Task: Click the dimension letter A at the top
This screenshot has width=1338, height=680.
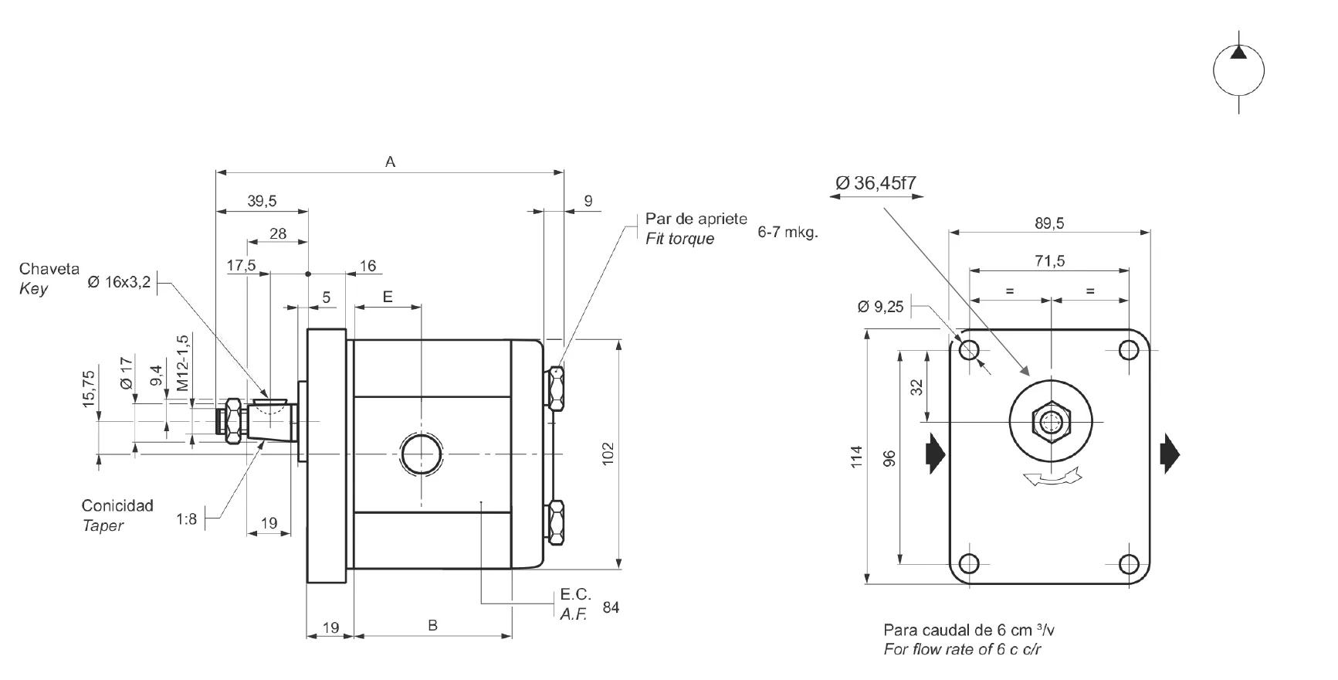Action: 391,161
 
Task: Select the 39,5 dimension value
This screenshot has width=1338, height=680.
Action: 262,201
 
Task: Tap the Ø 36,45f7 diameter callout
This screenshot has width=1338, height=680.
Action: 876,182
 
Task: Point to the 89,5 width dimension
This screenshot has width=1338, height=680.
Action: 1049,223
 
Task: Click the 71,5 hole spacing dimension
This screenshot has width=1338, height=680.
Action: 1049,261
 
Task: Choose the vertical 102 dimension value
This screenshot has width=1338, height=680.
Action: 608,453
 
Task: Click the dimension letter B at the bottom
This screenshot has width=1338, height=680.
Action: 433,625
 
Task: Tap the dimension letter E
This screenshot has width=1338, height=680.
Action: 388,297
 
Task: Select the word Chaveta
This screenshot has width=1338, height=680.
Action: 49,269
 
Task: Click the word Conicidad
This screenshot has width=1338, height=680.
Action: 117,505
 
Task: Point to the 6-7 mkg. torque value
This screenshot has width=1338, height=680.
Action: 788,231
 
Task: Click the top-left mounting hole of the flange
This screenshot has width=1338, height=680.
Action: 969,350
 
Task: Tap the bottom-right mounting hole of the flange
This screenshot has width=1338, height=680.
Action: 1129,563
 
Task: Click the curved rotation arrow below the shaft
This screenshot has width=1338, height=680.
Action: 1051,478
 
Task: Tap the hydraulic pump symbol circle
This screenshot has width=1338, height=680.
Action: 1239,71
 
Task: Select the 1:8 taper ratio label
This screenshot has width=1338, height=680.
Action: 186,519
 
